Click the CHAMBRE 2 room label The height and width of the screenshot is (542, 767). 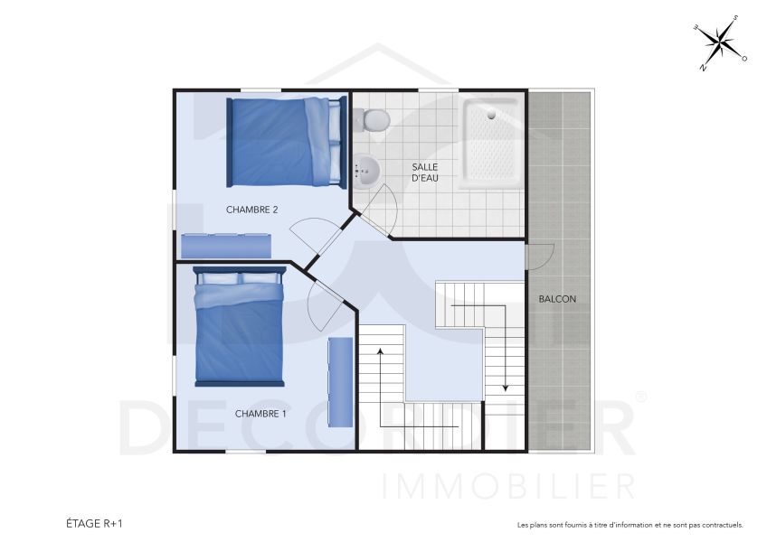pyautogui.click(x=251, y=210)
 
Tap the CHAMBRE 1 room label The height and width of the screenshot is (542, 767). pyautogui.click(x=260, y=414)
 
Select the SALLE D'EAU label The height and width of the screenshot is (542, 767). pyautogui.click(x=425, y=173)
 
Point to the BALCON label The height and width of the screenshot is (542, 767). pyautogui.click(x=557, y=299)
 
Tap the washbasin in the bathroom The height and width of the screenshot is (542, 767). pyautogui.click(x=367, y=170)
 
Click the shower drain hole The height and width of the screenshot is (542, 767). pyautogui.click(x=491, y=115)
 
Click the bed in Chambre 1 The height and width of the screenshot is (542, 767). pyautogui.click(x=239, y=326)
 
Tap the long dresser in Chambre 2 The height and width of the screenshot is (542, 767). pyautogui.click(x=226, y=246)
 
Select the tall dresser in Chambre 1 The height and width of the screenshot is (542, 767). pyautogui.click(x=340, y=381)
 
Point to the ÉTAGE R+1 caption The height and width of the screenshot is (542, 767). pyautogui.click(x=94, y=523)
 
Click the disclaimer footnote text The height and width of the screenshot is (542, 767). pyautogui.click(x=630, y=525)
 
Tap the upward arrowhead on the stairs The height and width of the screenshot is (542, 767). pyautogui.click(x=380, y=350)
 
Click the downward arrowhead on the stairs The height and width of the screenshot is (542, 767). pyautogui.click(x=505, y=387)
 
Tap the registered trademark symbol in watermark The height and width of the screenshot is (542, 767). pyautogui.click(x=641, y=397)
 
